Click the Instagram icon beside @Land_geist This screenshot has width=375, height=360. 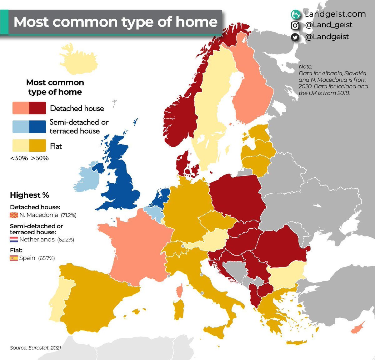point(295,25)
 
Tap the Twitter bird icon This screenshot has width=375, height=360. point(295,37)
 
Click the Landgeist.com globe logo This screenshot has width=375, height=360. point(295,14)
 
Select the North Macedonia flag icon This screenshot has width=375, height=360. point(14,215)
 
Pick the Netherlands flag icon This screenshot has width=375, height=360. point(14,240)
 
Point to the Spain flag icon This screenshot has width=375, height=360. point(14,258)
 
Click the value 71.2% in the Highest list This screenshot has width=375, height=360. point(69,215)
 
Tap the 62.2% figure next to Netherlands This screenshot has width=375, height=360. point(66,240)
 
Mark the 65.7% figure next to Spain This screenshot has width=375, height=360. point(47,258)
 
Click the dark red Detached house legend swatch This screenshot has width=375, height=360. point(37,108)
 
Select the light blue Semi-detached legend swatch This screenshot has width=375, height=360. point(21,127)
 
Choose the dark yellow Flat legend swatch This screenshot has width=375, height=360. point(37,146)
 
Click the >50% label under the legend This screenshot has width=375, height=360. point(40,158)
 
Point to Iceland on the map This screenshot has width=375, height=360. point(78,59)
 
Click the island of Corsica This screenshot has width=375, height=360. point(179,291)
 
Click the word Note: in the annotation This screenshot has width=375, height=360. point(305,67)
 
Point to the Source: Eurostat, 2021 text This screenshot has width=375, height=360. point(35,348)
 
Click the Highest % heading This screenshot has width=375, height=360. point(29,195)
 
